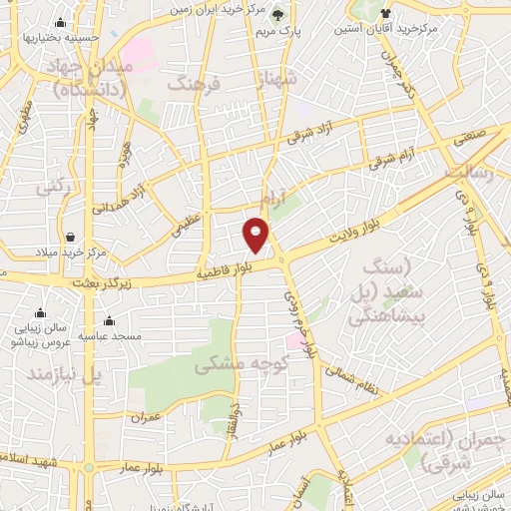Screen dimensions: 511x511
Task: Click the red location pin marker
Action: click(x=256, y=235)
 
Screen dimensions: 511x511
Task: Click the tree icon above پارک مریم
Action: click(x=278, y=14)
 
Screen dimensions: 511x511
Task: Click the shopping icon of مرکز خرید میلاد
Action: click(x=71, y=238)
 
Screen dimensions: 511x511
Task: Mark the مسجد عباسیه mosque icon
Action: click(x=109, y=321)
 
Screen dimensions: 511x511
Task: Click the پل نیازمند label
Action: click(x=65, y=374)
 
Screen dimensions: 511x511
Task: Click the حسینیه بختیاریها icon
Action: click(x=61, y=23)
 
